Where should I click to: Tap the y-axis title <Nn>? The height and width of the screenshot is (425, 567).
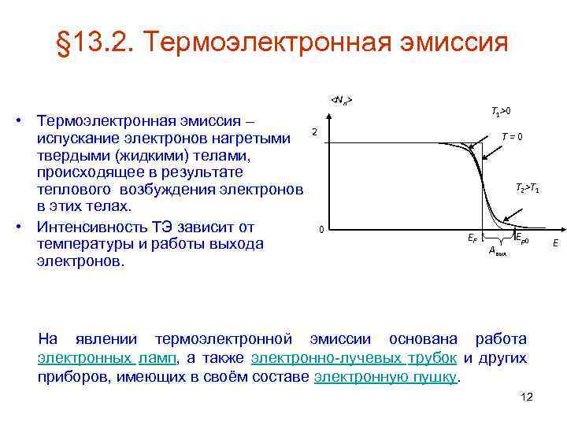341,99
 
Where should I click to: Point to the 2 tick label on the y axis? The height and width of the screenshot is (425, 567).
313,131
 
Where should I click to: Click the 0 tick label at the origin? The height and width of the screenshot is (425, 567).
321,230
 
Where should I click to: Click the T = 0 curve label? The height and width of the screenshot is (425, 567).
511,135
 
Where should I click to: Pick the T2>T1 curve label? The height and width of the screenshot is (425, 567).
527,188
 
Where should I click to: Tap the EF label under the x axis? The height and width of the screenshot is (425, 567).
472,237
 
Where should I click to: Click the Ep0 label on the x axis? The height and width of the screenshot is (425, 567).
522,236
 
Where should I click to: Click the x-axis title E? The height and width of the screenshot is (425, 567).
555,244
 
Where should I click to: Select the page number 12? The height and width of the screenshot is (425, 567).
527,397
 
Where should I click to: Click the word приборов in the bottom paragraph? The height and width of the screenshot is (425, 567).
75,376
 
